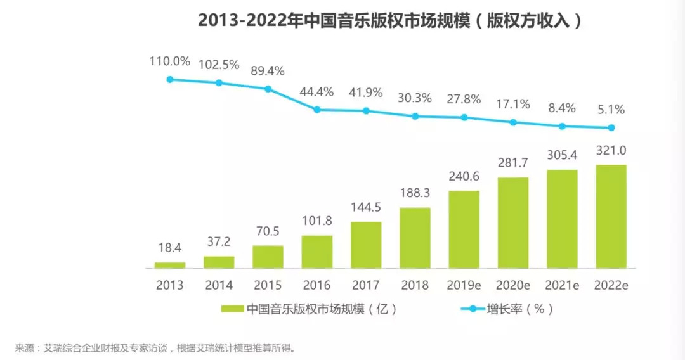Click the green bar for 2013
170,265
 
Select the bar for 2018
415,238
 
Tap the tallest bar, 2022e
611,216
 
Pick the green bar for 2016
317,252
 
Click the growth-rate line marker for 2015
268,89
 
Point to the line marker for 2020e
513,122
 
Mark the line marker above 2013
170,79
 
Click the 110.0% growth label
170,61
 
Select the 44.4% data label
316,92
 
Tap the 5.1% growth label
611,110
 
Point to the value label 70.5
268,232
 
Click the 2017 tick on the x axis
366,285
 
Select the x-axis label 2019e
464,285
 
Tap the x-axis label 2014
219,285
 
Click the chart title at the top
389,20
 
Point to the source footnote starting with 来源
156,348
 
